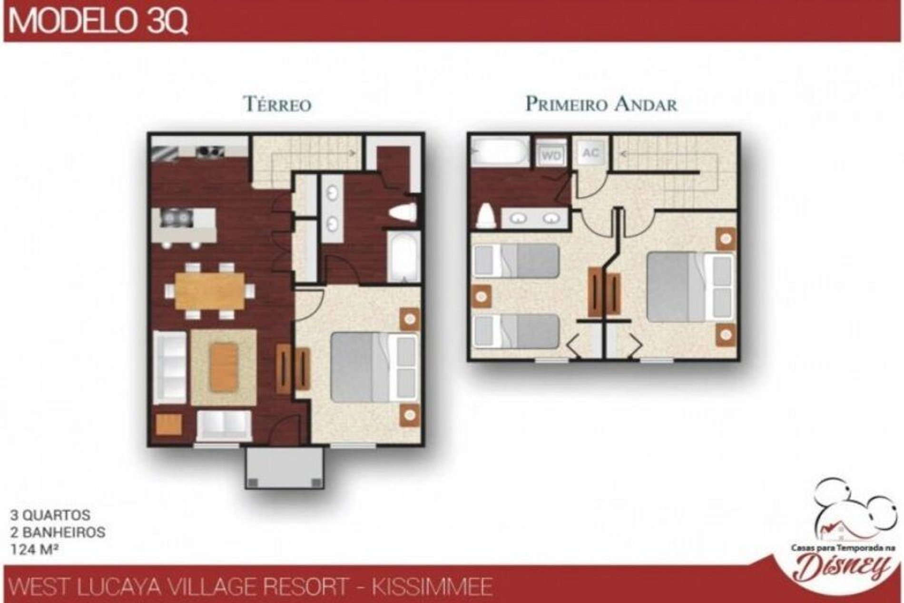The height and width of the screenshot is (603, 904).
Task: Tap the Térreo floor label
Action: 277,104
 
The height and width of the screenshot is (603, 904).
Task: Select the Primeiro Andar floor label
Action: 601,104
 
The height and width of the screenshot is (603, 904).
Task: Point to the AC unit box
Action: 590,153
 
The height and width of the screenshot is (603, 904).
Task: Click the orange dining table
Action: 210,290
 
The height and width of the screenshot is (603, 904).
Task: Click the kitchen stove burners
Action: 209,150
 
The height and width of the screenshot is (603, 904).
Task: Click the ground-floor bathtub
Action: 403,257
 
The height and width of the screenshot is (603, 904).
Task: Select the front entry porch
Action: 285,468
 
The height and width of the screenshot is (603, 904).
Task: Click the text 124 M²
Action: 36,549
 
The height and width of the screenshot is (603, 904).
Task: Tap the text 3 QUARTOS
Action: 50,515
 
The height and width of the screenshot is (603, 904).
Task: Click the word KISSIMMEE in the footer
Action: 432,587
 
